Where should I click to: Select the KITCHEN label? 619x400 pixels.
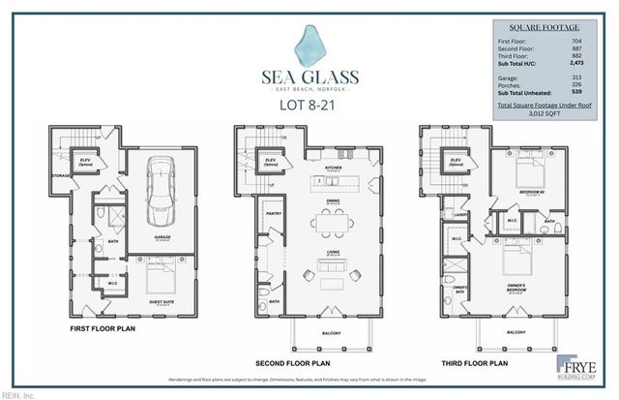333,168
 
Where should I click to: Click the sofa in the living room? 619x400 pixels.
333,282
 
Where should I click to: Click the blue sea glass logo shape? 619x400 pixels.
311,45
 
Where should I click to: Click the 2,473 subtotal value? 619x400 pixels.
577,61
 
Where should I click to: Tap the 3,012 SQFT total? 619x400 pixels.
546,111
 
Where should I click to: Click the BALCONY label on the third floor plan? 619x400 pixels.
515,332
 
